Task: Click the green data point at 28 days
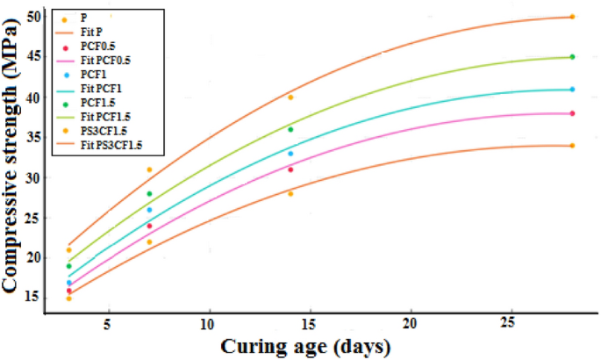(572, 57)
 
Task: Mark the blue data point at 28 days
(572, 90)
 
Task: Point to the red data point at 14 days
(290, 169)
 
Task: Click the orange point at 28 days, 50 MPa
(572, 17)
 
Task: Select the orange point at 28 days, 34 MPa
(572, 146)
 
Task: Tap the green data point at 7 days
(149, 194)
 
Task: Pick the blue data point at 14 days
(290, 154)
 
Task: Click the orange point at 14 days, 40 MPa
(290, 97)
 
